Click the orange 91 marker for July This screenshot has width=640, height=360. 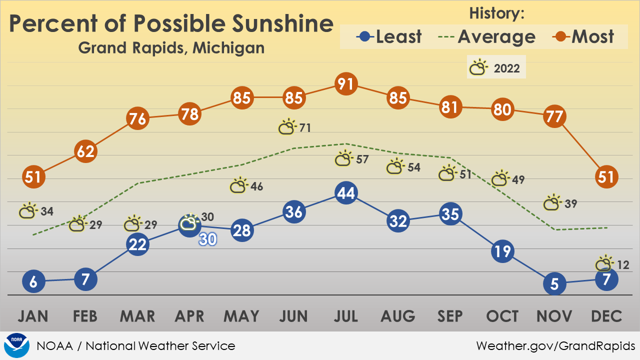346,83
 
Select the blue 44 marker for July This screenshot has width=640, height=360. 346,193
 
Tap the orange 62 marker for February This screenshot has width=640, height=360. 85,151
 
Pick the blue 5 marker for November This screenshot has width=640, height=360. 554,283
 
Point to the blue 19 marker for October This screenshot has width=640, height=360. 502,251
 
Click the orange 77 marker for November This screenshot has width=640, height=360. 554,116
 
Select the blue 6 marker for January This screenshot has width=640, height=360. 33,281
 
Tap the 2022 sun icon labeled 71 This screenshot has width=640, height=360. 287,126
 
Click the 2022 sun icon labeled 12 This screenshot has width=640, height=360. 604,263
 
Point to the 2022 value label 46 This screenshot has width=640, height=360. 256,186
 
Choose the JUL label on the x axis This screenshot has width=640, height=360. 346,316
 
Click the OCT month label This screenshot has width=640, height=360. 502,316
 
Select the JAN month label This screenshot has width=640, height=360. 33,316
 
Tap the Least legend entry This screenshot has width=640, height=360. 388,36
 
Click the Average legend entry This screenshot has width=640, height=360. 486,37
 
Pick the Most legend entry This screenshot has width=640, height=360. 583,36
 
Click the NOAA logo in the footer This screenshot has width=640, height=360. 16,345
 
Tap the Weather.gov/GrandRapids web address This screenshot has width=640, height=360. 555,346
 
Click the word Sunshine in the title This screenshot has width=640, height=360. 282,23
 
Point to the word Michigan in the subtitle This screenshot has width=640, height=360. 228,47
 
